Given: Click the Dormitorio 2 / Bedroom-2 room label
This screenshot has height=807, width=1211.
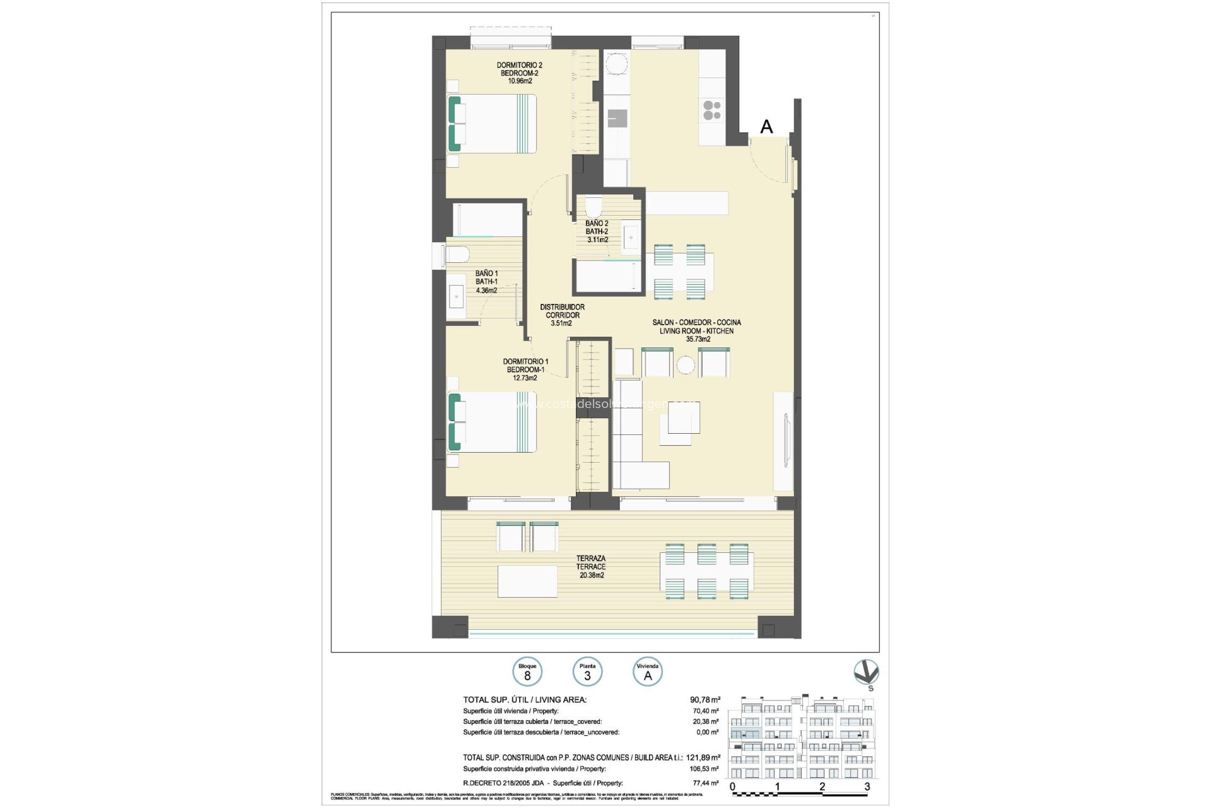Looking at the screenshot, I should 519,73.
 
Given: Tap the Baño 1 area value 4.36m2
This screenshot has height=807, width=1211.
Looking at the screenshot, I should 486,291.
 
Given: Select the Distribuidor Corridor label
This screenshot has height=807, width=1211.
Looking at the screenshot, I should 562,315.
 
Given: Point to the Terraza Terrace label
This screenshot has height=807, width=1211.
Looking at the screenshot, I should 590,566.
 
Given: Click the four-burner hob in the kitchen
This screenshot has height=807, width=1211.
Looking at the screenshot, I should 712,110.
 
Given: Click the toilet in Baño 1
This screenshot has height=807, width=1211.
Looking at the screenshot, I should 457,255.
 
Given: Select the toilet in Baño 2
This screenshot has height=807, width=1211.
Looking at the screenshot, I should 594,206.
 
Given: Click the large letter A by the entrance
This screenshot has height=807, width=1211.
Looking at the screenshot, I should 766,127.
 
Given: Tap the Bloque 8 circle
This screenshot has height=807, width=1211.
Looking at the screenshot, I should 527,672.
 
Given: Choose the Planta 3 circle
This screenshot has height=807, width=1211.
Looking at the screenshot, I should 587,672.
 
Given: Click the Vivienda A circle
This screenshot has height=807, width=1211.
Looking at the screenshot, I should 647,672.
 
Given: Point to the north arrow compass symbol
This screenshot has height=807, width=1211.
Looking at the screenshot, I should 866,673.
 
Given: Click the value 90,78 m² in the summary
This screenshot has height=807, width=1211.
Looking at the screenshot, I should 705,700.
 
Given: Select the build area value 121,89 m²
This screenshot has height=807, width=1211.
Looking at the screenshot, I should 705,757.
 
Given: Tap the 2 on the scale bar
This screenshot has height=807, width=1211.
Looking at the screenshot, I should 822,786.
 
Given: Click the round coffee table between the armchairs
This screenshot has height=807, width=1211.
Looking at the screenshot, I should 685,364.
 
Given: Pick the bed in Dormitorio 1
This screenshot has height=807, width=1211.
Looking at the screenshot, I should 493,422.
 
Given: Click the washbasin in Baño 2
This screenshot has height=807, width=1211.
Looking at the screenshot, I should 631,238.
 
